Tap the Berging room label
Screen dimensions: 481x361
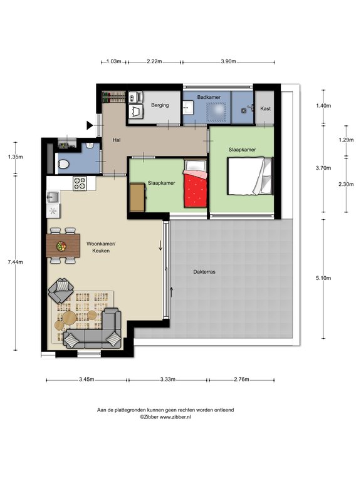pyautogui.click(x=160, y=105)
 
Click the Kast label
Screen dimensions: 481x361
pyautogui.click(x=265, y=108)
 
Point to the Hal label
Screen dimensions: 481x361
pyautogui.click(x=116, y=140)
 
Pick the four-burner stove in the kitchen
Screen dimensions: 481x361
pyautogui.click(x=80, y=184)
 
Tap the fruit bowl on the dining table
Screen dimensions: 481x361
pyautogui.click(x=61, y=246)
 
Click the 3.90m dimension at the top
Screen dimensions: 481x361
pyautogui.click(x=229, y=61)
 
